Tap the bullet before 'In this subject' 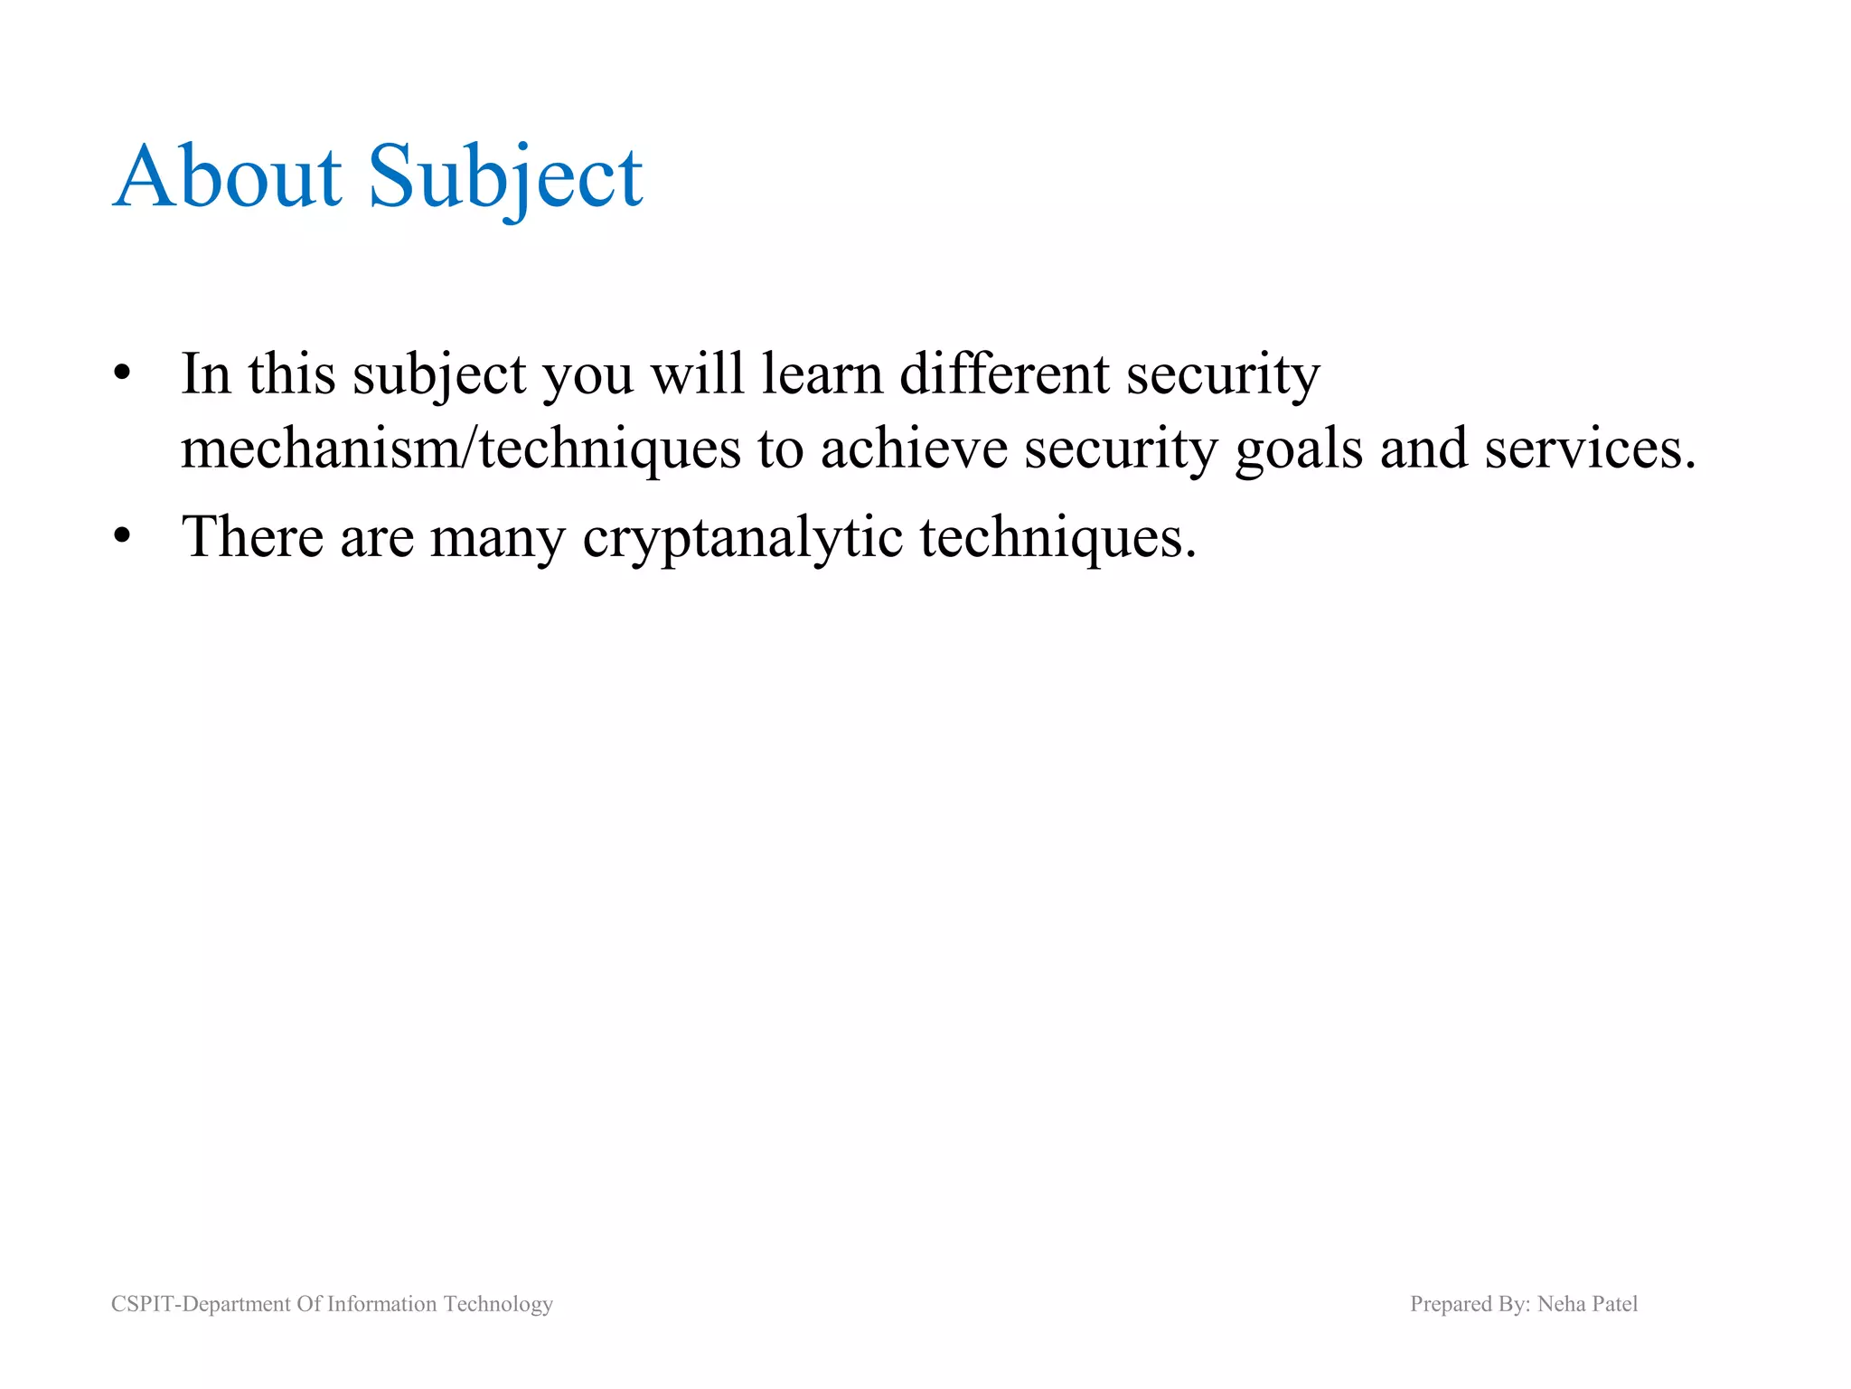tap(123, 373)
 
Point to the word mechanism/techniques tap(460, 449)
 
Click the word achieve tap(913, 449)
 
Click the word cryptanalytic tap(742, 538)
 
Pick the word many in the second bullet tap(497, 538)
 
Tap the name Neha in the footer tap(1561, 1304)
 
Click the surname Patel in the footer tap(1614, 1304)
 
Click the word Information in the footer tap(381, 1304)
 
